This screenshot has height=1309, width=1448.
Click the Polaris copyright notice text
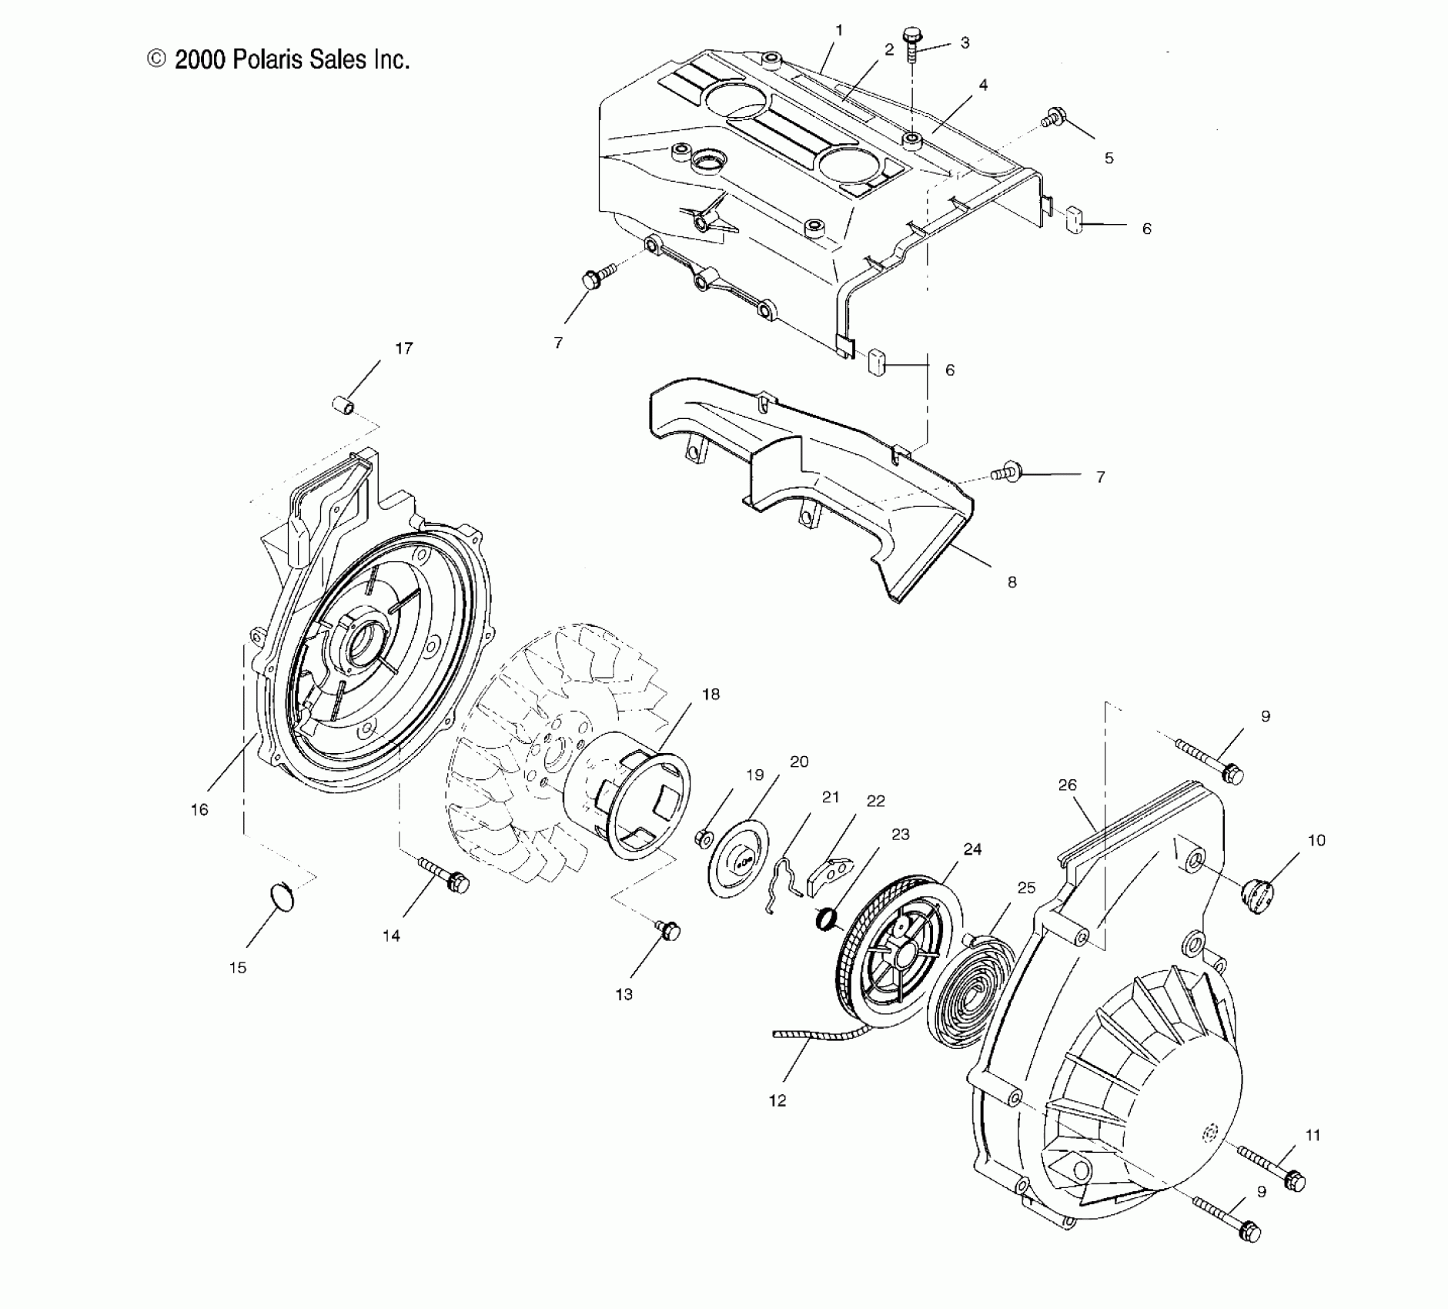279,59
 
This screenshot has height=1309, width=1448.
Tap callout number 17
403,349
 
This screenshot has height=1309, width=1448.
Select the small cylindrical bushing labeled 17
343,404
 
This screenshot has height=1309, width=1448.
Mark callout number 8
1012,582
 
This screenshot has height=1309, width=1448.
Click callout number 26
1067,785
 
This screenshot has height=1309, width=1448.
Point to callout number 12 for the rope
778,1101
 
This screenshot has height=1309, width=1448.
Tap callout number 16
199,809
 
